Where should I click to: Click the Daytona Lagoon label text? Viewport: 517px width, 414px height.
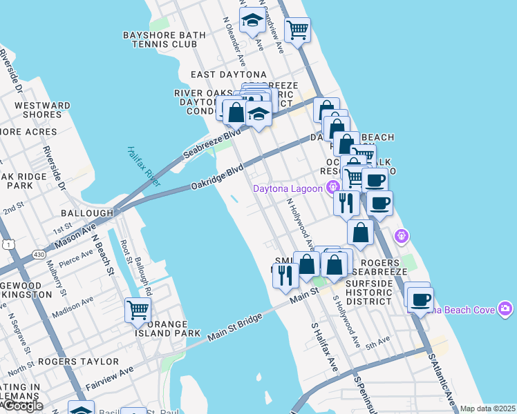[288, 188]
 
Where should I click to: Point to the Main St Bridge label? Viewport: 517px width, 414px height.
[236, 331]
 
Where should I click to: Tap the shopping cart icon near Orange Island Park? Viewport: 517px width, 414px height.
[138, 310]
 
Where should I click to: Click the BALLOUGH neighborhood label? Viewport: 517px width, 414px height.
[87, 213]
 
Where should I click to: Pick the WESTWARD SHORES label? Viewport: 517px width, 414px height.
[42, 110]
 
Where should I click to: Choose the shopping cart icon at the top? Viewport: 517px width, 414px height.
[297, 30]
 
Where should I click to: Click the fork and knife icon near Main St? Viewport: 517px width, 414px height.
[285, 274]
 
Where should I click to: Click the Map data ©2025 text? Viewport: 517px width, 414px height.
[488, 408]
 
